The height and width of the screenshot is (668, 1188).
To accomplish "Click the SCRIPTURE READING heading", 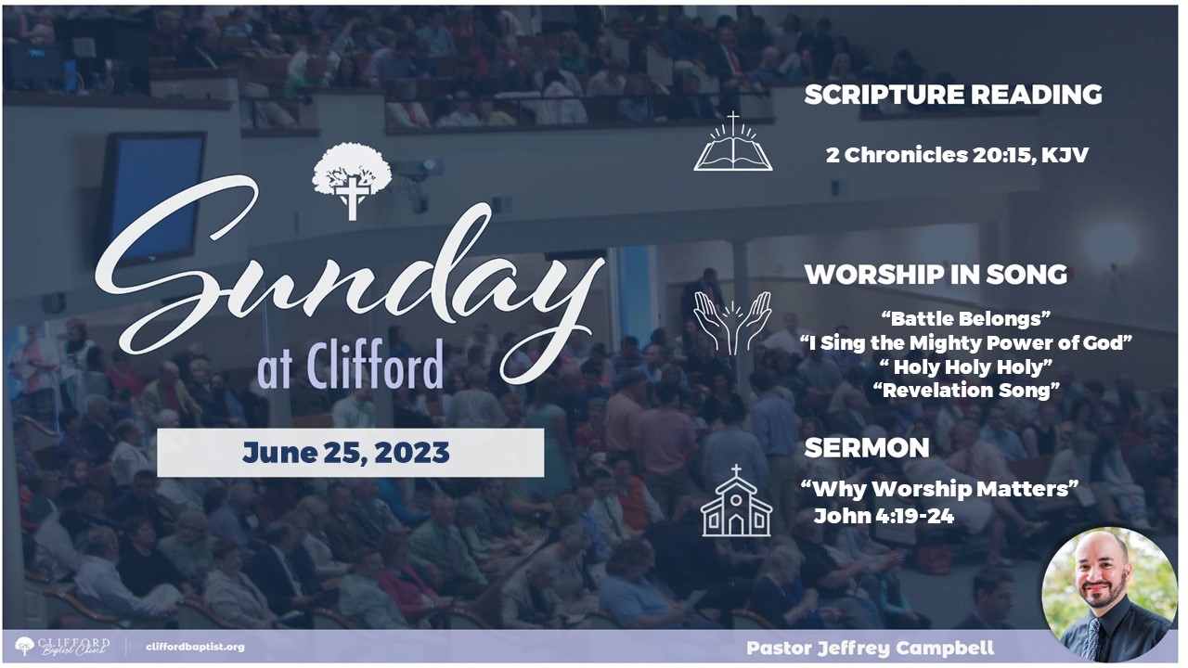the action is pyautogui.click(x=953, y=95).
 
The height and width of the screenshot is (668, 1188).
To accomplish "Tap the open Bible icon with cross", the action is pyautogui.click(x=733, y=142).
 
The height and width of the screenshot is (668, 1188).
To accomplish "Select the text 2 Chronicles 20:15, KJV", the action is pyautogui.click(x=957, y=155).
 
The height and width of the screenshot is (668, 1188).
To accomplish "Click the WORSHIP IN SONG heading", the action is pyautogui.click(x=936, y=274).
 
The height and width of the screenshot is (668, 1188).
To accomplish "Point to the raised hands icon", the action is pyautogui.click(x=732, y=323).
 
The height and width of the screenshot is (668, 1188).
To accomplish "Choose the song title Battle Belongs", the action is pyautogui.click(x=966, y=318).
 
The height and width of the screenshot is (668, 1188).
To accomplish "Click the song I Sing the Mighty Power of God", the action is pyautogui.click(x=966, y=342).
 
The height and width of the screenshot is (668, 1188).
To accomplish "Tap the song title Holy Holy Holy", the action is pyautogui.click(x=966, y=366).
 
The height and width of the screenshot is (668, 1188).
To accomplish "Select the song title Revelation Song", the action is pyautogui.click(x=966, y=391).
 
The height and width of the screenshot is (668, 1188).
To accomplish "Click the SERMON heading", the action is pyautogui.click(x=867, y=448).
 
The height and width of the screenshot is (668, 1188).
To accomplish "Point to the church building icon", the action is pyautogui.click(x=736, y=500).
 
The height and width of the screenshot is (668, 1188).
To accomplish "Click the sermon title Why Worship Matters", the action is pyautogui.click(x=939, y=488).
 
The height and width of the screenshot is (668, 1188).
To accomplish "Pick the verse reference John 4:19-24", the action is pyautogui.click(x=885, y=516).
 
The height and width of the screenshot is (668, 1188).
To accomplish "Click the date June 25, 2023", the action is pyautogui.click(x=346, y=453).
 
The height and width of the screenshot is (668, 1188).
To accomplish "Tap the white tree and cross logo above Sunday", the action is pyautogui.click(x=352, y=181).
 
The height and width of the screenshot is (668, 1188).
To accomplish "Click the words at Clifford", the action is pyautogui.click(x=350, y=365).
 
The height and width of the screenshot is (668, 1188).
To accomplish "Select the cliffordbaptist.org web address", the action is pyautogui.click(x=195, y=647).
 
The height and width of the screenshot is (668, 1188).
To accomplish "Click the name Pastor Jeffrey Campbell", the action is pyautogui.click(x=871, y=648).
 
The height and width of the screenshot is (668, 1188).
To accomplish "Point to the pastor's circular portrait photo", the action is pyautogui.click(x=1109, y=595).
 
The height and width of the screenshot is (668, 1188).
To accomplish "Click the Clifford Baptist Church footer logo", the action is pyautogui.click(x=62, y=647).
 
